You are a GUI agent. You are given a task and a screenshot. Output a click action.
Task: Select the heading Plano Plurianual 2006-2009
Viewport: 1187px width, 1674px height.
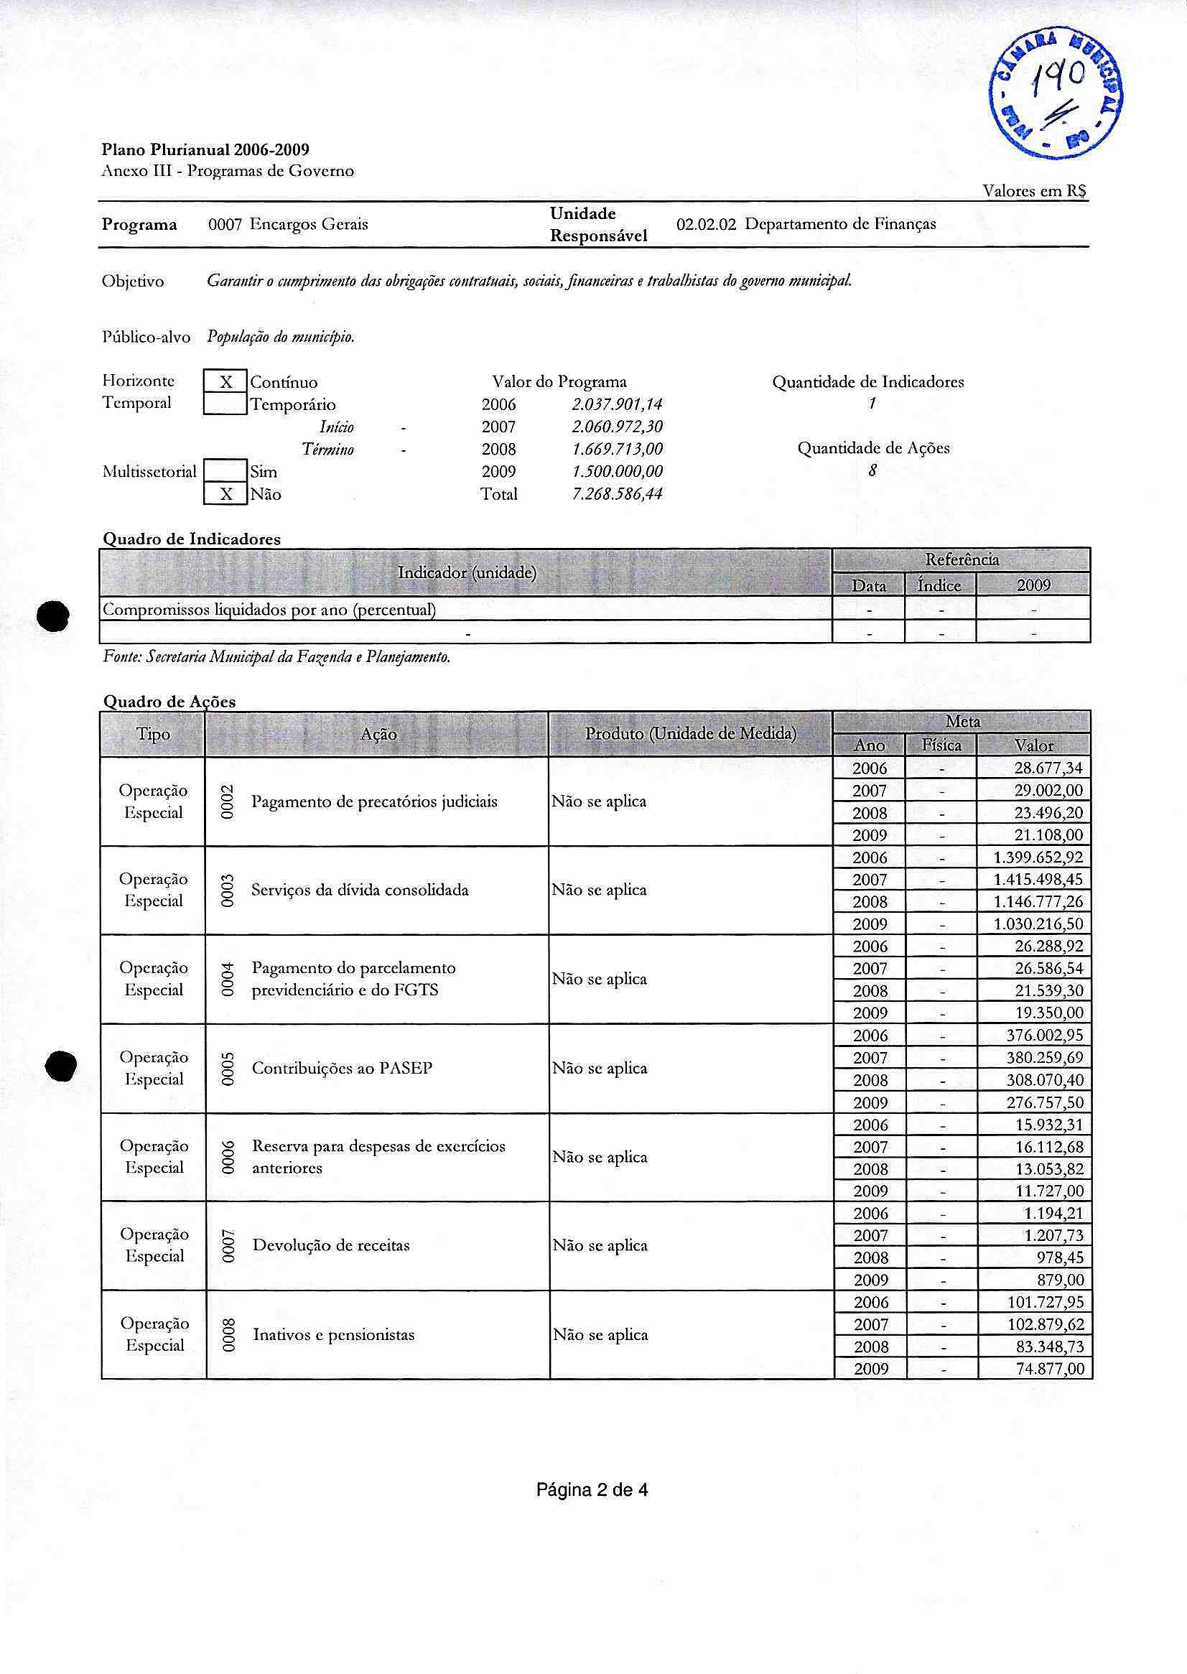(205, 150)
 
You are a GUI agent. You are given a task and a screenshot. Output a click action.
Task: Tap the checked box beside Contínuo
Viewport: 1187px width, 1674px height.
(226, 381)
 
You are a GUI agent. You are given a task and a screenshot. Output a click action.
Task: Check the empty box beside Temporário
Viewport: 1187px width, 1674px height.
(226, 404)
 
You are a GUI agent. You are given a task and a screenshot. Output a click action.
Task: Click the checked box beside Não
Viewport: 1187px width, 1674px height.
(226, 494)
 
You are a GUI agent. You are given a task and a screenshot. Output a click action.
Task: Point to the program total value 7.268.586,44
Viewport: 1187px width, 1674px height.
(617, 494)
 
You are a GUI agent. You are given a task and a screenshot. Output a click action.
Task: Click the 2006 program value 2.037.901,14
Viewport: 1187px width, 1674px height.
(617, 404)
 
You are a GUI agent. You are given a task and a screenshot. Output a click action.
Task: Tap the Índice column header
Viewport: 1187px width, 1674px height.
(939, 585)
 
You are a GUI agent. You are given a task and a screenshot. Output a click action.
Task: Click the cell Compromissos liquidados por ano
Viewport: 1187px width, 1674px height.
(269, 609)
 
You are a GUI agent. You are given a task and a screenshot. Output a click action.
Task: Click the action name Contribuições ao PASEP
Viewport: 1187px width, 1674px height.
(342, 1068)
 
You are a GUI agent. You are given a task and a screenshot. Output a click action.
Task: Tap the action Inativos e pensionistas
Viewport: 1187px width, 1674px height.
(333, 1335)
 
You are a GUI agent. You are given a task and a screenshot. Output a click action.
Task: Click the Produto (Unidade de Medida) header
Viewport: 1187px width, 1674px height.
(690, 733)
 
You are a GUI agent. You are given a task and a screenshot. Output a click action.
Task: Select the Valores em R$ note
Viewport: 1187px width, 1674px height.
(1034, 191)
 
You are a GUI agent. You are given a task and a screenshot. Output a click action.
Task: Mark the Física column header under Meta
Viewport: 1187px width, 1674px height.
(941, 745)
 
